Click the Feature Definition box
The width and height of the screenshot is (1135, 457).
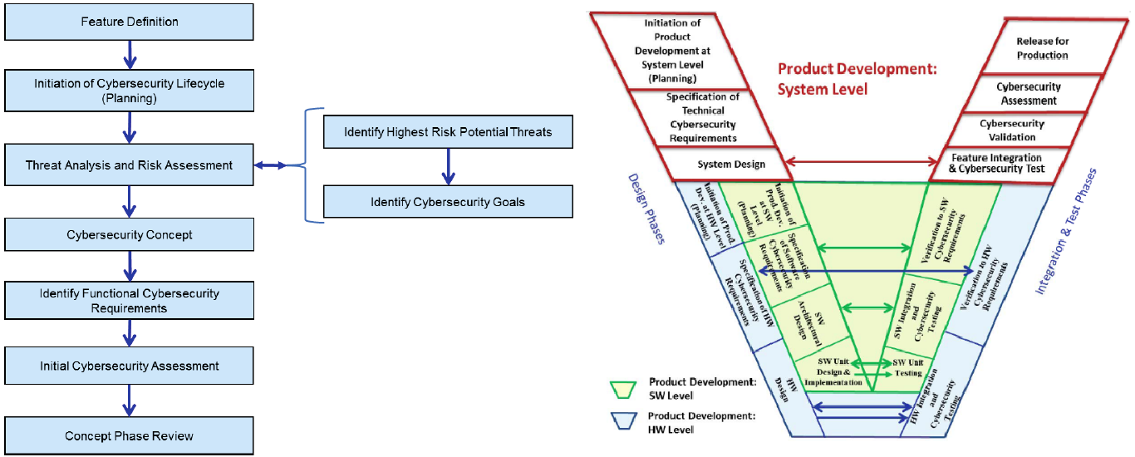[129, 22]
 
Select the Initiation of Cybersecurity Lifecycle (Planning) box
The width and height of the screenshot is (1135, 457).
[129, 91]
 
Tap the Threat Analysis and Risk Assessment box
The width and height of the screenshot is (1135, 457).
[129, 165]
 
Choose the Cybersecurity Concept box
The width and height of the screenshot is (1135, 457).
[129, 235]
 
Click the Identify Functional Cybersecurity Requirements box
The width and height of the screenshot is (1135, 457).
[129, 301]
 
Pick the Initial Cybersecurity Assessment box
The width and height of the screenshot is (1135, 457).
[129, 366]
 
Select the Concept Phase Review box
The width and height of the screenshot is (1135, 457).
[129, 435]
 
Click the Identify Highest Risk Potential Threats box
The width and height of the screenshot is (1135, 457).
[448, 131]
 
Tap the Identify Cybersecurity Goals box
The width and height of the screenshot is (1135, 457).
[448, 202]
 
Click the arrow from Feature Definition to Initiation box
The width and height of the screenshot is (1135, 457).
[129, 56]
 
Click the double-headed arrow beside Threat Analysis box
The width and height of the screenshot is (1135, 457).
[270, 165]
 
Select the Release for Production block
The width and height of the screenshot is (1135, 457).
[1042, 48]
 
